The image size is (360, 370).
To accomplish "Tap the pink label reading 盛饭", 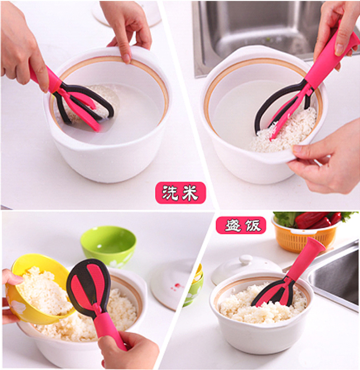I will point(240,225).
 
